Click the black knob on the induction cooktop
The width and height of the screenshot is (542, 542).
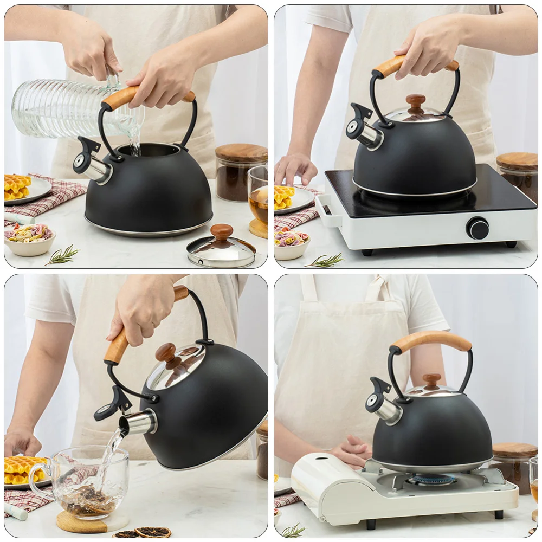pyautogui.click(x=478, y=228)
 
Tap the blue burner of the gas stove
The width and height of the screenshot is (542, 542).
pyautogui.click(x=431, y=480)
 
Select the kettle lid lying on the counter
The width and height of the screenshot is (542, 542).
pyautogui.click(x=221, y=248)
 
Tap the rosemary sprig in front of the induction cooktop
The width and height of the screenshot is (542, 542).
pyautogui.click(x=325, y=261)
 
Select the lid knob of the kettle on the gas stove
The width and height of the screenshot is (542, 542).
pyautogui.click(x=431, y=380)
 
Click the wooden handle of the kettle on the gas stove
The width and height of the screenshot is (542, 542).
pyautogui.click(x=432, y=340)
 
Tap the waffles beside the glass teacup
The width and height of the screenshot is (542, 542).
pyautogui.click(x=22, y=469)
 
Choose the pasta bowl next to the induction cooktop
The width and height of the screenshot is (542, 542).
pyautogui.click(x=292, y=243)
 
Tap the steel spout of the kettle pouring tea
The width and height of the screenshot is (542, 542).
pyautogui.click(x=138, y=423)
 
